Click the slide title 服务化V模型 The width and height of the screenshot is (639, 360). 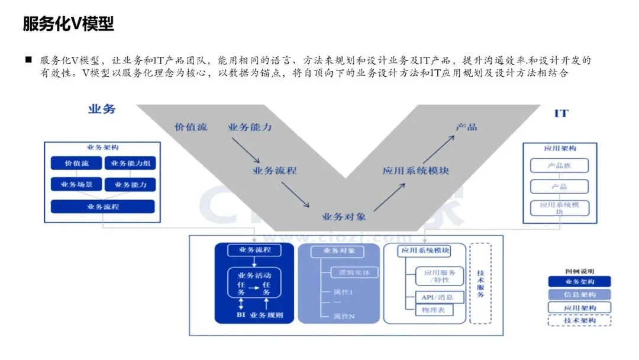(x=68, y=24)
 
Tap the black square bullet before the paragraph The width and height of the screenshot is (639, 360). (x=28, y=60)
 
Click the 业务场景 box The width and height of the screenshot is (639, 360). (x=76, y=185)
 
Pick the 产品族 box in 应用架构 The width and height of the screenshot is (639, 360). (x=559, y=166)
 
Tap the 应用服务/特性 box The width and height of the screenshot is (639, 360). (x=440, y=276)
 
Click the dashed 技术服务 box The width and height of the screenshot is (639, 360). (x=480, y=283)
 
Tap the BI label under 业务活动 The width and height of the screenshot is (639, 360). (x=241, y=315)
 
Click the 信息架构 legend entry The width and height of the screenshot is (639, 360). (x=579, y=295)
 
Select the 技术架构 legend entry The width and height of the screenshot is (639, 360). (x=579, y=320)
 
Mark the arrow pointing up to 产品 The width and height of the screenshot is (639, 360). (x=438, y=146)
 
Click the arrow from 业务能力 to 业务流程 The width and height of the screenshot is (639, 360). (x=246, y=152)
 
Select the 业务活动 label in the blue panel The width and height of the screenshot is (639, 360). (x=254, y=275)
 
